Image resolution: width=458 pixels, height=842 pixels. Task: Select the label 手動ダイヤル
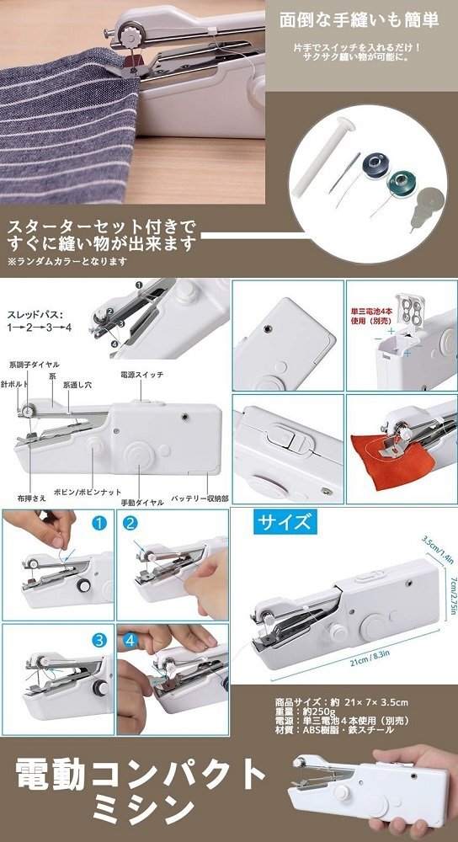(x=140, y=501)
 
